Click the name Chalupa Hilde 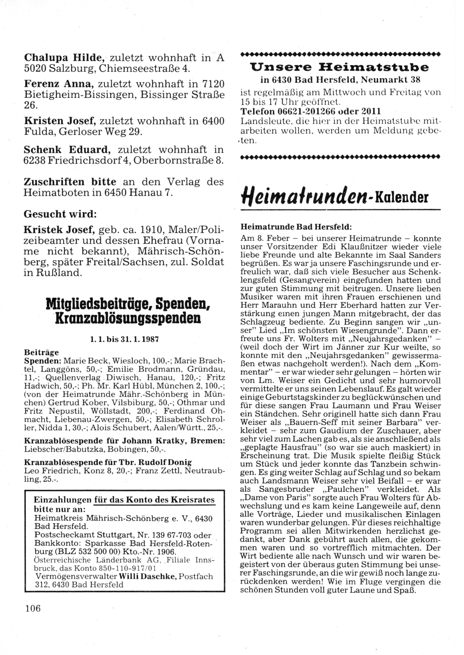(x=64, y=58)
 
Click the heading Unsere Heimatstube (x=339, y=67)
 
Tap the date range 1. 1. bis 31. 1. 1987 (x=126, y=339)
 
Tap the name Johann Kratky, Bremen (x=180, y=440)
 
